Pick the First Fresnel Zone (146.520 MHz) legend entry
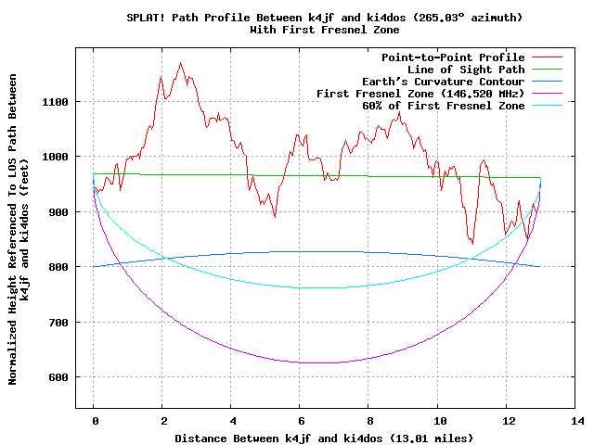click(420, 94)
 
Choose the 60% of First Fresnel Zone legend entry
click(444, 106)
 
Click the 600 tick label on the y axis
click(58, 377)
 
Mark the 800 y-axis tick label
click(58, 267)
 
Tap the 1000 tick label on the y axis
click(54, 157)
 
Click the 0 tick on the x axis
click(94, 421)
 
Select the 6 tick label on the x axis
click(301, 421)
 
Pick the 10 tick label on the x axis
click(438, 421)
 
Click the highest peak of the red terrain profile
click(180, 63)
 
